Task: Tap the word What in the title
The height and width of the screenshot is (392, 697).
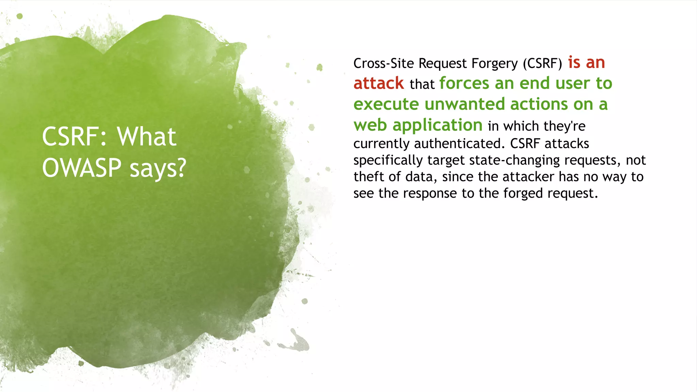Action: point(147,136)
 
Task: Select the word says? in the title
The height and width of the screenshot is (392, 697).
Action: point(158,168)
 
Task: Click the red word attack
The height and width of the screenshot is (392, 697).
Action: point(378,83)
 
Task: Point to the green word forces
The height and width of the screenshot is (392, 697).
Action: point(465,83)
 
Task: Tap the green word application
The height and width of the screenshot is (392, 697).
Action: point(438,125)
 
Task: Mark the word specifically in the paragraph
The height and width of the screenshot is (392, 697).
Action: point(388,160)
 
